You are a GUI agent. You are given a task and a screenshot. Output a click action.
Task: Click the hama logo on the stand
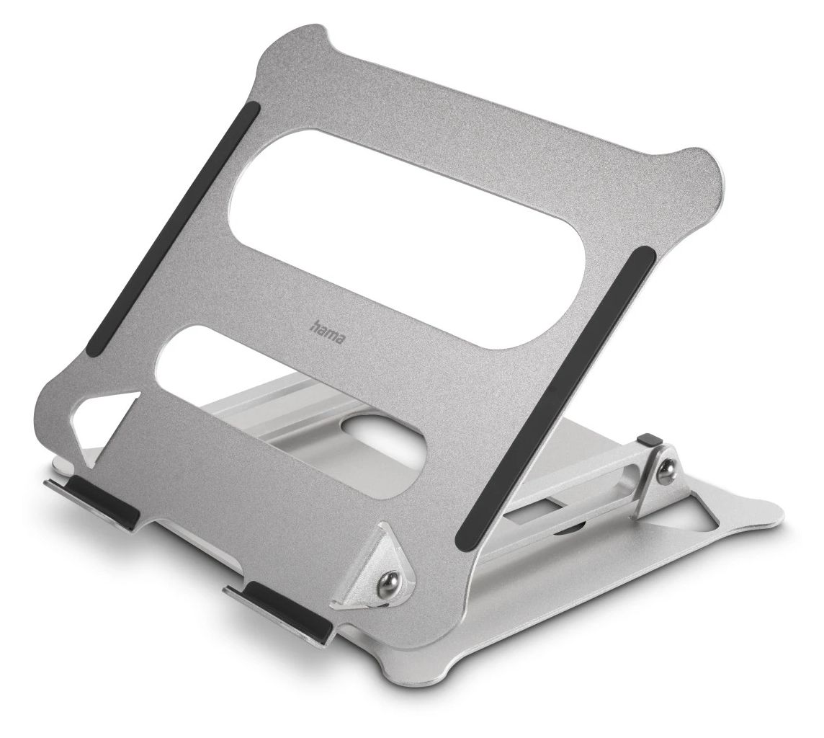[328, 333]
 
